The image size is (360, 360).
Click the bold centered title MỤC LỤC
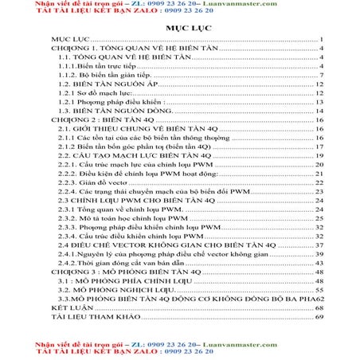tap(179, 26)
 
